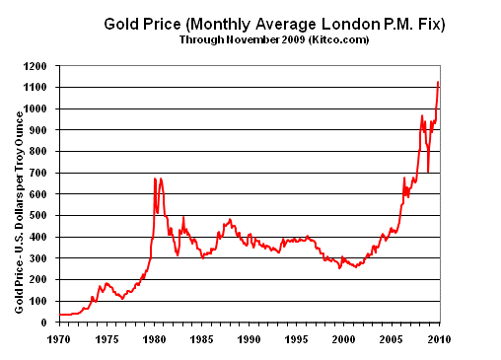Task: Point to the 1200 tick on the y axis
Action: point(44,66)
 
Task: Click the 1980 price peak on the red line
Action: point(155,179)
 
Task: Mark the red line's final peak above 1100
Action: point(439,82)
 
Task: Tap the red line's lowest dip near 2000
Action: point(340,267)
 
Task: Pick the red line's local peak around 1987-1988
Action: point(230,219)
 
